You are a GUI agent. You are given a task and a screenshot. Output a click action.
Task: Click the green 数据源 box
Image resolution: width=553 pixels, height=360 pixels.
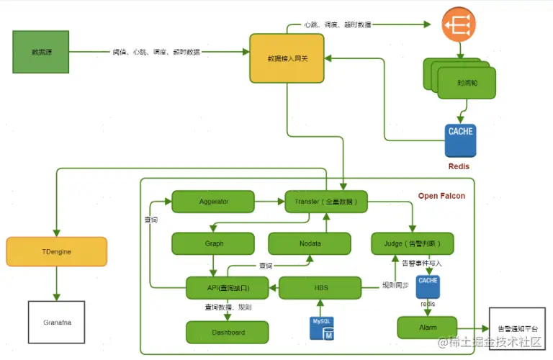pos(41,52)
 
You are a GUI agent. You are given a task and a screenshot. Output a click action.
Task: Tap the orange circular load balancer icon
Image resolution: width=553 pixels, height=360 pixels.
pos(459,24)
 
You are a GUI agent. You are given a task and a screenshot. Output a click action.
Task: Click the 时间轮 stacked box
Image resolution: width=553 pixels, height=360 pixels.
pos(464,82)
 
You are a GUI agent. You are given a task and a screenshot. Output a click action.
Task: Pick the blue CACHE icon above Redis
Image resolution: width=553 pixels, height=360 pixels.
pos(460,140)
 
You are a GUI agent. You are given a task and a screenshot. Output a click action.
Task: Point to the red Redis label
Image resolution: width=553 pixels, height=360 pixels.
pos(459,166)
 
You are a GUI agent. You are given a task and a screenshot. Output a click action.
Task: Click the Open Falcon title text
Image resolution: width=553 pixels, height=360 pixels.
pos(441,196)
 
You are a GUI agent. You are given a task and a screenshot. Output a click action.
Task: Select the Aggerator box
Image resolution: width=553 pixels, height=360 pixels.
pos(214,202)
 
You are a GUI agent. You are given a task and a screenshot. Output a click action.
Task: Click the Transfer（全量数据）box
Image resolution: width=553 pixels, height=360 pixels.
pos(326,202)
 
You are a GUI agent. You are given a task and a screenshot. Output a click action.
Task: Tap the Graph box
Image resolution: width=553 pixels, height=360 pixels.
pos(210,243)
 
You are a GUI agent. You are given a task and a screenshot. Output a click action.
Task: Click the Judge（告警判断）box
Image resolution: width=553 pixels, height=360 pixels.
pos(412,243)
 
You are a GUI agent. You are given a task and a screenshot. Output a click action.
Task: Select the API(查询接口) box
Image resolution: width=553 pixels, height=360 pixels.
pos(228,288)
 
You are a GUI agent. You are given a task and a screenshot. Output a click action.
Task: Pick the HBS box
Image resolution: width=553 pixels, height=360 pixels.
pos(319,288)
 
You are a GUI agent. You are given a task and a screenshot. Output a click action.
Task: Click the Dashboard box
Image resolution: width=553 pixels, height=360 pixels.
pos(228,332)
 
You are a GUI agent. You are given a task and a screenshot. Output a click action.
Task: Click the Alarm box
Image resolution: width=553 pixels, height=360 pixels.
pos(427,327)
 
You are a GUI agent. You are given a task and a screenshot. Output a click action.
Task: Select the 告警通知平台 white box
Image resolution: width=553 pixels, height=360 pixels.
pos(517,328)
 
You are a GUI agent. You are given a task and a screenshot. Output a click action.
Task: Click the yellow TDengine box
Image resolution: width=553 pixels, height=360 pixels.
pos(56,251)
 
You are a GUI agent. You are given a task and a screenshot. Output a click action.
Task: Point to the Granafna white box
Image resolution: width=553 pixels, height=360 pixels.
pos(56,321)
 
